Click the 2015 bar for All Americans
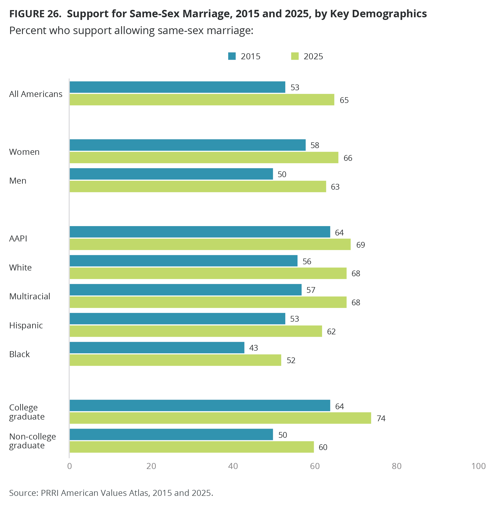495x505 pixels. (177, 87)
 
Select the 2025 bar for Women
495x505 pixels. (204, 158)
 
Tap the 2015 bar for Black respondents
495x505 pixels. (157, 348)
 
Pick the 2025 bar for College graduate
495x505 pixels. (220, 418)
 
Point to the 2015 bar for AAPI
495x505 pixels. (200, 232)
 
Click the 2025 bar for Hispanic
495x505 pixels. (196, 331)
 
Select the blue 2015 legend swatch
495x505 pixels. (232, 56)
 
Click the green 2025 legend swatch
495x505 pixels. (295, 56)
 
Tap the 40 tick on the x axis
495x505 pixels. (233, 466)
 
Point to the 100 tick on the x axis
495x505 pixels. (478, 466)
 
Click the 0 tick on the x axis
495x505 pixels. (69, 466)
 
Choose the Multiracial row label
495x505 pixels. (30, 296)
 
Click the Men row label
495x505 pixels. (18, 181)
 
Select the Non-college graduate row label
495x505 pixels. (32, 441)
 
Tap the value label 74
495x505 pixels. (381, 418)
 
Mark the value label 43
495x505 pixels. (253, 348)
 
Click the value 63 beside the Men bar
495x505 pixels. (335, 187)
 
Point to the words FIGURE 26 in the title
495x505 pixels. (35, 14)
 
